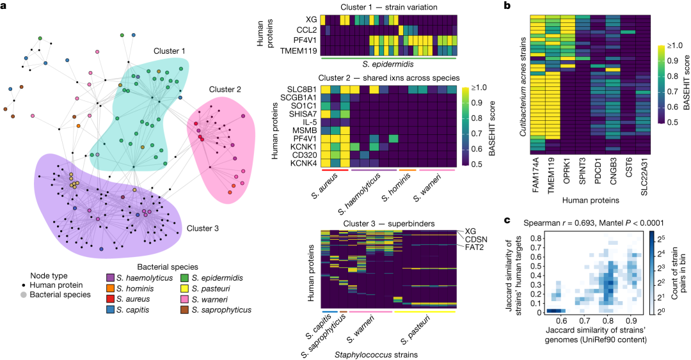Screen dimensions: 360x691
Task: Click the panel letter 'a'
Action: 4,6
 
